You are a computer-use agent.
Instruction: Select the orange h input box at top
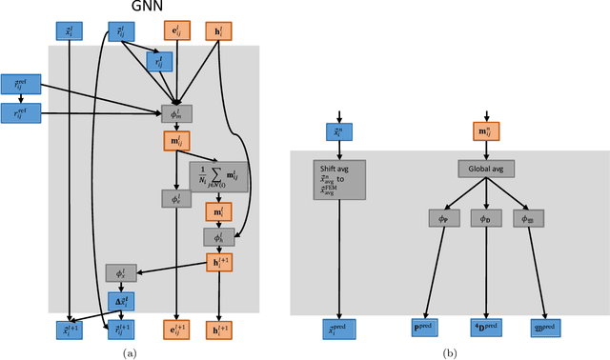click(218, 31)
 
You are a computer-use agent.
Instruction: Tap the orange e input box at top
click(176, 31)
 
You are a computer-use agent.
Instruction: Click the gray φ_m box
click(176, 113)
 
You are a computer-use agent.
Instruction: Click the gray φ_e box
click(176, 199)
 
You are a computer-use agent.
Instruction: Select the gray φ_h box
click(218, 236)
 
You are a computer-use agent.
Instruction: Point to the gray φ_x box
click(121, 274)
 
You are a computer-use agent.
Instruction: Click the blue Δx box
click(121, 300)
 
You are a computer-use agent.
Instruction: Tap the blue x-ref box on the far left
click(17, 86)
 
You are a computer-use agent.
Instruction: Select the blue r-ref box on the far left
click(17, 112)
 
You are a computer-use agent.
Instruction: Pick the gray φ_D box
click(487, 218)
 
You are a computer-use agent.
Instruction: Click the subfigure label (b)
click(449, 353)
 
